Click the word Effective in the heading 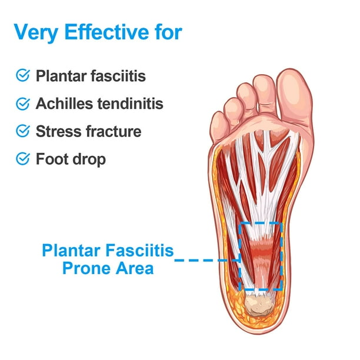tap(106, 32)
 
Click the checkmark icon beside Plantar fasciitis tap(23, 75)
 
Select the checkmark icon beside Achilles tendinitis tap(23, 104)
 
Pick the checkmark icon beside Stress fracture tap(23, 131)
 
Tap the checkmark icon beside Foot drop tap(23, 159)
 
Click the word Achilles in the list tap(64, 104)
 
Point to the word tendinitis tap(131, 104)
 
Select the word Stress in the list tap(59, 131)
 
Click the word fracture tap(114, 131)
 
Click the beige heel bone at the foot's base tap(259, 305)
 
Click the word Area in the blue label tap(135, 269)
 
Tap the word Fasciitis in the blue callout tap(139, 250)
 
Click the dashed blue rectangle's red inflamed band tap(261, 249)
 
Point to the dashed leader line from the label tap(206, 260)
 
